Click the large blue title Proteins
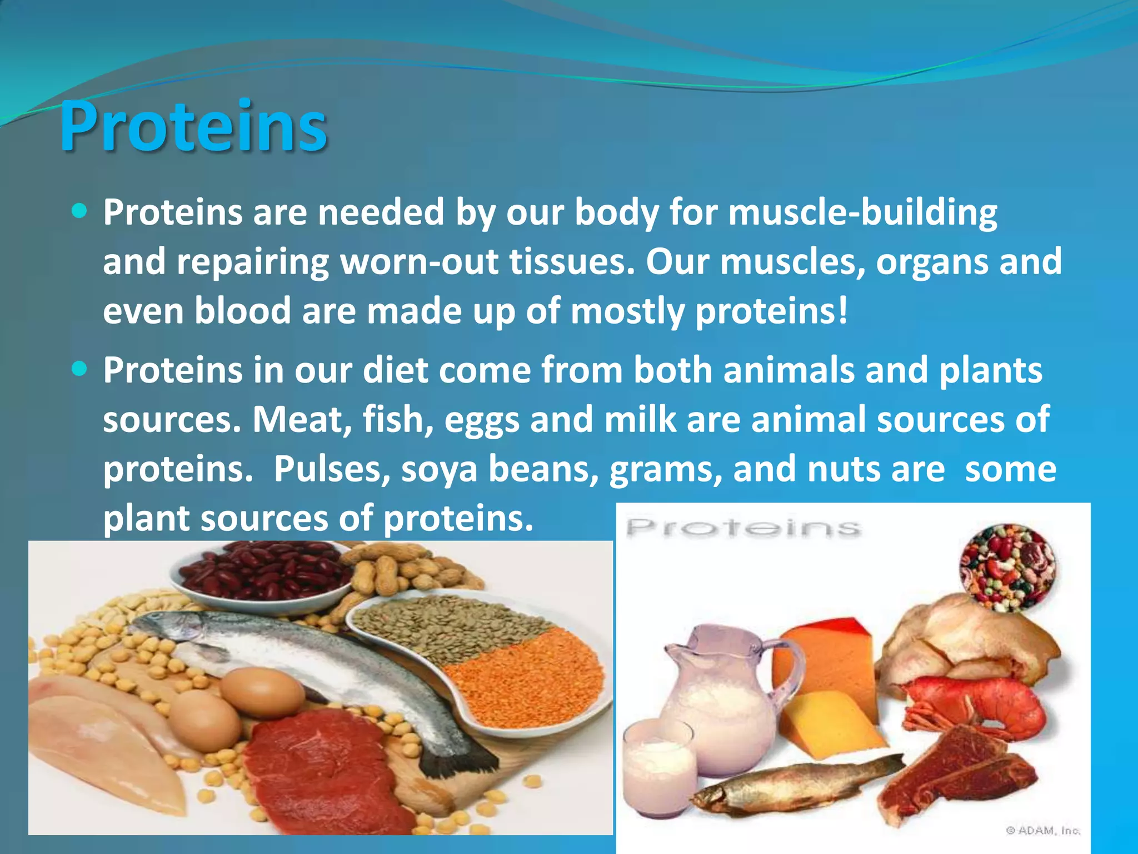click(x=193, y=127)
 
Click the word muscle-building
click(x=862, y=213)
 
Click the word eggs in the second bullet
click(x=481, y=420)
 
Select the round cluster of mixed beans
click(x=1007, y=567)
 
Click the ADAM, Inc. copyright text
click(x=1043, y=831)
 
